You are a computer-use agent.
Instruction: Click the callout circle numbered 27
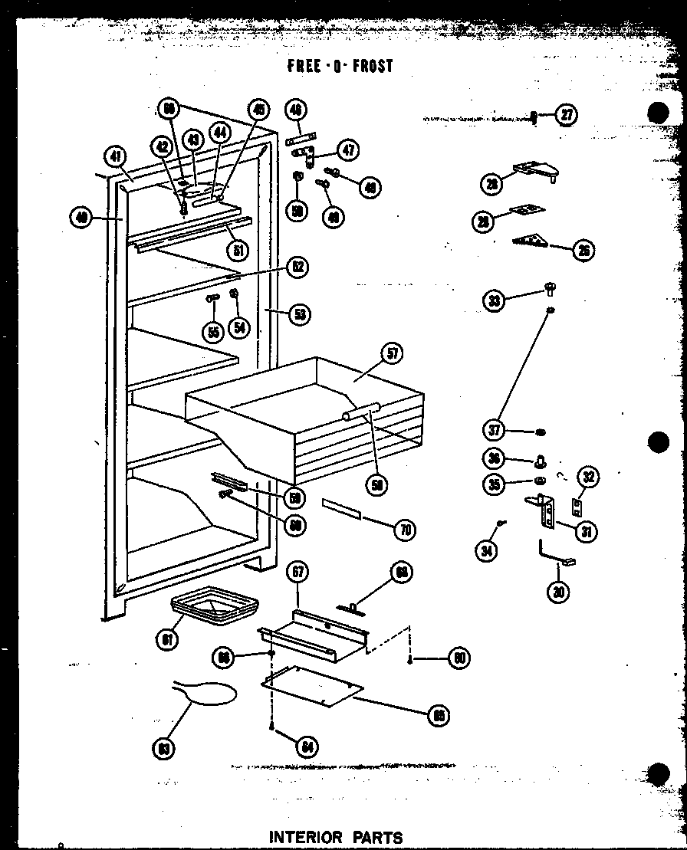point(566,116)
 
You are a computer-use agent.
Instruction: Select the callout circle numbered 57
point(393,353)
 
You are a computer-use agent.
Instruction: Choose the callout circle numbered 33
point(495,300)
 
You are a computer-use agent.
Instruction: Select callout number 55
point(212,331)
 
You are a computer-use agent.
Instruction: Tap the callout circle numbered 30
point(559,592)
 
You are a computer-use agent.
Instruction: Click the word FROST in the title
point(373,66)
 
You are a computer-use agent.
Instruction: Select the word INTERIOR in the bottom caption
point(305,837)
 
